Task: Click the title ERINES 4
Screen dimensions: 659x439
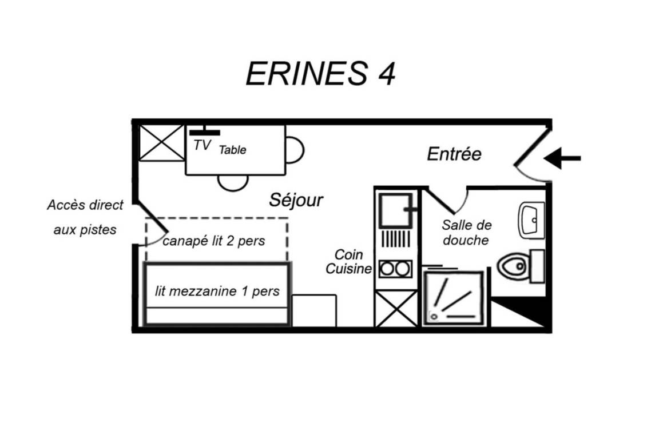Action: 320,74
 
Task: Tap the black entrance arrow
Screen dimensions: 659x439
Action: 562,158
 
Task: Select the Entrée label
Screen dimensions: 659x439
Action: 454,154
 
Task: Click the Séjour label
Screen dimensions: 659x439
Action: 296,200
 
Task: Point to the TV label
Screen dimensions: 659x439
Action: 202,145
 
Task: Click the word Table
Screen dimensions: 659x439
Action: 232,150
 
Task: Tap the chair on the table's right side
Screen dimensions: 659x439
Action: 295,150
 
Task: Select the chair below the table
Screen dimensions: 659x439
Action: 233,183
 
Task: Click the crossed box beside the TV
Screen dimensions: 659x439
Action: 162,143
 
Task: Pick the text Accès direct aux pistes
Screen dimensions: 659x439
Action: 85,217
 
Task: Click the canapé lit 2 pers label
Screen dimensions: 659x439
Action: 213,241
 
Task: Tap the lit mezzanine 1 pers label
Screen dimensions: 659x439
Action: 217,291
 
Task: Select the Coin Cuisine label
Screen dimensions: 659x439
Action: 348,261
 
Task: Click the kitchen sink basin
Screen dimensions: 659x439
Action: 395,210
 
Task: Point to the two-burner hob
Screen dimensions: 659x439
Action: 395,269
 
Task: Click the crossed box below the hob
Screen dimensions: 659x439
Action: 396,309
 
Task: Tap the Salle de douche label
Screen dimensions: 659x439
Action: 467,232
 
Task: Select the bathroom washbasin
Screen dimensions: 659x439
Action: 531,220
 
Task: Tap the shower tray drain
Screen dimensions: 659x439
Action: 434,316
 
